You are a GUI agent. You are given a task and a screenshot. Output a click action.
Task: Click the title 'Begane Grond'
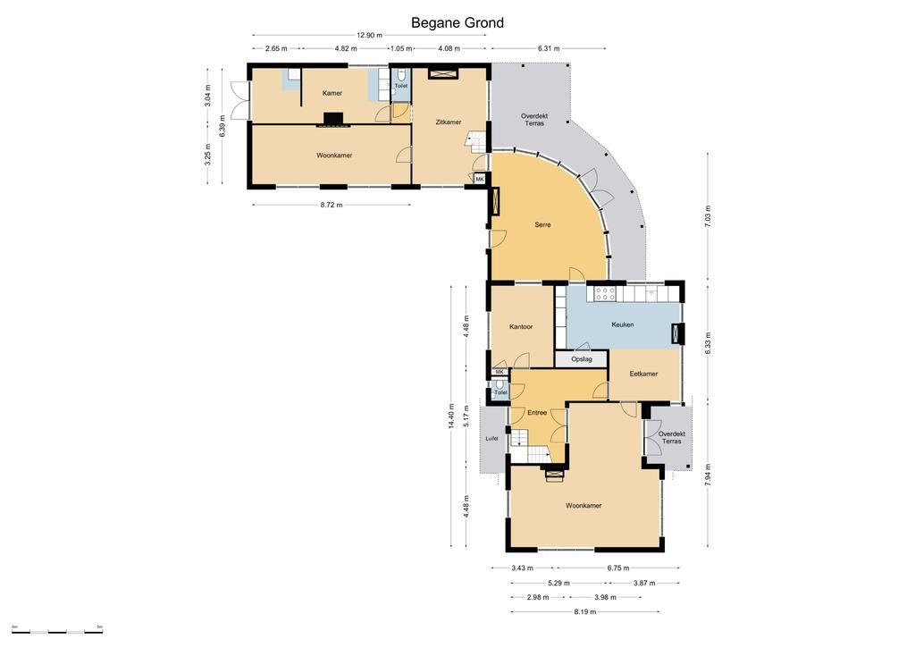tap(457, 22)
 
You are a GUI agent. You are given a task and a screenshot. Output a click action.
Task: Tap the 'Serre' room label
tap(542, 224)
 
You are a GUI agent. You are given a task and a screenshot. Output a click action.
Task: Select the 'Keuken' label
tap(623, 324)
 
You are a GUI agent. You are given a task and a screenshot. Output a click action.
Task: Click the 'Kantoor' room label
tap(521, 327)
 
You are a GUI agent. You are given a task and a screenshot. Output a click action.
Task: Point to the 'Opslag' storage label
tap(582, 359)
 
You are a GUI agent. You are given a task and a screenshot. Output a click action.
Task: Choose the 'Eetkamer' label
tap(643, 374)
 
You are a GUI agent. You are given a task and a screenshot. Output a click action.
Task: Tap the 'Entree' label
tap(537, 413)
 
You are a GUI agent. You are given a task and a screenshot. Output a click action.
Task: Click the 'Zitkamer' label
tap(449, 122)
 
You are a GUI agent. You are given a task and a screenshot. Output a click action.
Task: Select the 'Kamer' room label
tap(332, 93)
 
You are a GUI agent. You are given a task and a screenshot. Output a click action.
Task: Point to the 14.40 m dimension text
tap(451, 417)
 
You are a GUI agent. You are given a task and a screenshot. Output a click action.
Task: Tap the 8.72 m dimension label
tap(332, 205)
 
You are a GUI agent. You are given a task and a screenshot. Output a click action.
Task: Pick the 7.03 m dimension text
tap(709, 216)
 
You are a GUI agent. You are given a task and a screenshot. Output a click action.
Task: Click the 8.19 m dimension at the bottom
tap(584, 612)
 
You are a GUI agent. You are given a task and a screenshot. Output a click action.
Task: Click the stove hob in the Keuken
tap(605, 292)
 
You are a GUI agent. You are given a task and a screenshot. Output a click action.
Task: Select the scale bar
tap(57, 631)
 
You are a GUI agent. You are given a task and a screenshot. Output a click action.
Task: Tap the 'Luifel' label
tap(492, 439)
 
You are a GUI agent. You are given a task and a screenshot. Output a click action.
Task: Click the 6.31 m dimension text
tap(549, 48)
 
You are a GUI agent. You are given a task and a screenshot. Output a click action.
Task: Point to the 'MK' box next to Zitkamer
tap(480, 180)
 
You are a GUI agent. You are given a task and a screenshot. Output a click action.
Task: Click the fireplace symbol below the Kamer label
tap(334, 119)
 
